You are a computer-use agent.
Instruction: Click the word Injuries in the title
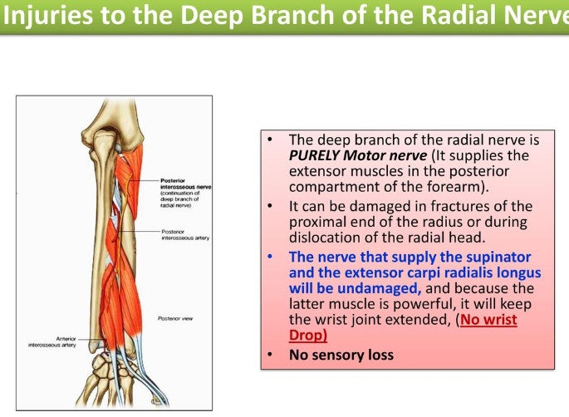(x=41, y=16)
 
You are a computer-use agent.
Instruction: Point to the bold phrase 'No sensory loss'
(x=341, y=355)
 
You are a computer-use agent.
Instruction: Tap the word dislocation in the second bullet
(x=326, y=238)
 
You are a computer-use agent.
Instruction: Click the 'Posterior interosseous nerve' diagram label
(x=185, y=184)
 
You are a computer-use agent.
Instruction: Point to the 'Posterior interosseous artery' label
(x=184, y=235)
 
